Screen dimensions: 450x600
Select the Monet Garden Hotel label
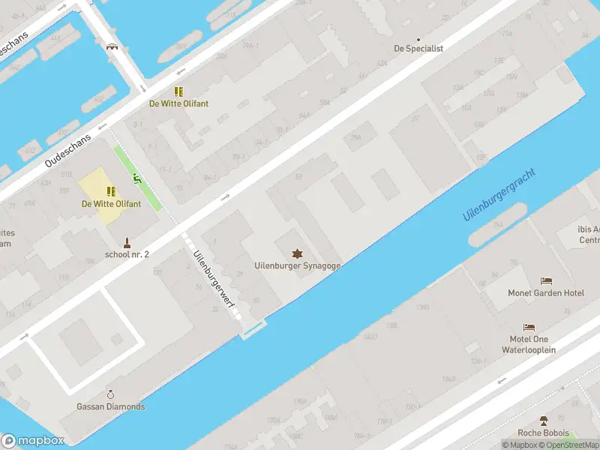click(x=546, y=293)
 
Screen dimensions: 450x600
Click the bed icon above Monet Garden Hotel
click(x=546, y=281)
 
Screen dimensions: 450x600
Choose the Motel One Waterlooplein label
click(x=529, y=344)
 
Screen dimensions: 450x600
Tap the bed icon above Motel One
click(x=529, y=328)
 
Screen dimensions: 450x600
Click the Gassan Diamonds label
click(x=111, y=406)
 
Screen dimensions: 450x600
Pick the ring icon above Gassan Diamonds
click(x=111, y=394)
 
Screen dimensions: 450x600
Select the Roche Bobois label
click(x=543, y=433)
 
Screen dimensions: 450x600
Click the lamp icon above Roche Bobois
click(x=543, y=421)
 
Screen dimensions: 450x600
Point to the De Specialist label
click(x=418, y=48)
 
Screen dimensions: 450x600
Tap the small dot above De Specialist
click(x=418, y=39)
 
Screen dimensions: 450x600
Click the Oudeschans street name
click(x=67, y=151)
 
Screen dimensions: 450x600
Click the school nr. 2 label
click(x=127, y=254)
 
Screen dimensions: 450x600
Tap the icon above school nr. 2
click(x=127, y=242)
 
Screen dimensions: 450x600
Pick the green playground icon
click(x=136, y=178)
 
